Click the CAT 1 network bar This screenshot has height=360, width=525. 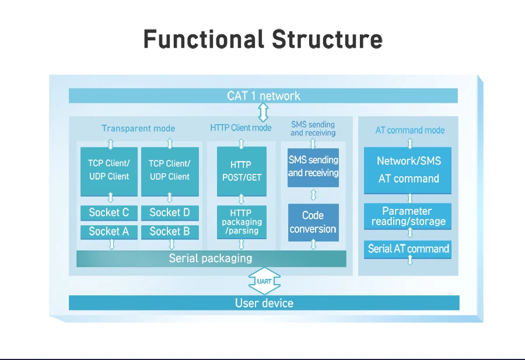pyautogui.click(x=263, y=96)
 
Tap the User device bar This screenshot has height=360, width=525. pyautogui.click(x=264, y=303)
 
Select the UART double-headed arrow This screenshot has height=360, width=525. pyautogui.click(x=264, y=282)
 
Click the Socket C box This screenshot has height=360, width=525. pyautogui.click(x=109, y=212)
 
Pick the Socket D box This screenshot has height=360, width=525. pyautogui.click(x=170, y=212)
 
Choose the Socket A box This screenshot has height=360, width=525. pyautogui.click(x=109, y=232)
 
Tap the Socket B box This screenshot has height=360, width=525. pyautogui.click(x=170, y=232)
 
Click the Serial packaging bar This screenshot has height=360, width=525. pyautogui.click(x=211, y=258)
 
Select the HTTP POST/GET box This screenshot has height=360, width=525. pyautogui.click(x=241, y=171)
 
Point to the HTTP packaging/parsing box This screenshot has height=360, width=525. pyautogui.click(x=241, y=222)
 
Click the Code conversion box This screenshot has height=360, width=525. pyautogui.click(x=313, y=222)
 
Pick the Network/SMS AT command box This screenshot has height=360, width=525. pyautogui.click(x=408, y=170)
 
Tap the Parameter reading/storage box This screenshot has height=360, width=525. pyautogui.click(x=408, y=216)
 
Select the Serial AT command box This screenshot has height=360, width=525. pyautogui.click(x=408, y=249)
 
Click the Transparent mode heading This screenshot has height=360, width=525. pyautogui.click(x=138, y=128)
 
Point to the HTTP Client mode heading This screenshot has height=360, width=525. pyautogui.click(x=241, y=128)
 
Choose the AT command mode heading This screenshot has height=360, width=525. pyautogui.click(x=410, y=130)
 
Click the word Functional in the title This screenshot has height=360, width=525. pyautogui.click(x=203, y=40)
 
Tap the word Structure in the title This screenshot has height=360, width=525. pyautogui.click(x=327, y=40)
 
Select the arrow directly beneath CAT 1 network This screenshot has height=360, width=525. pyautogui.click(x=264, y=111)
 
